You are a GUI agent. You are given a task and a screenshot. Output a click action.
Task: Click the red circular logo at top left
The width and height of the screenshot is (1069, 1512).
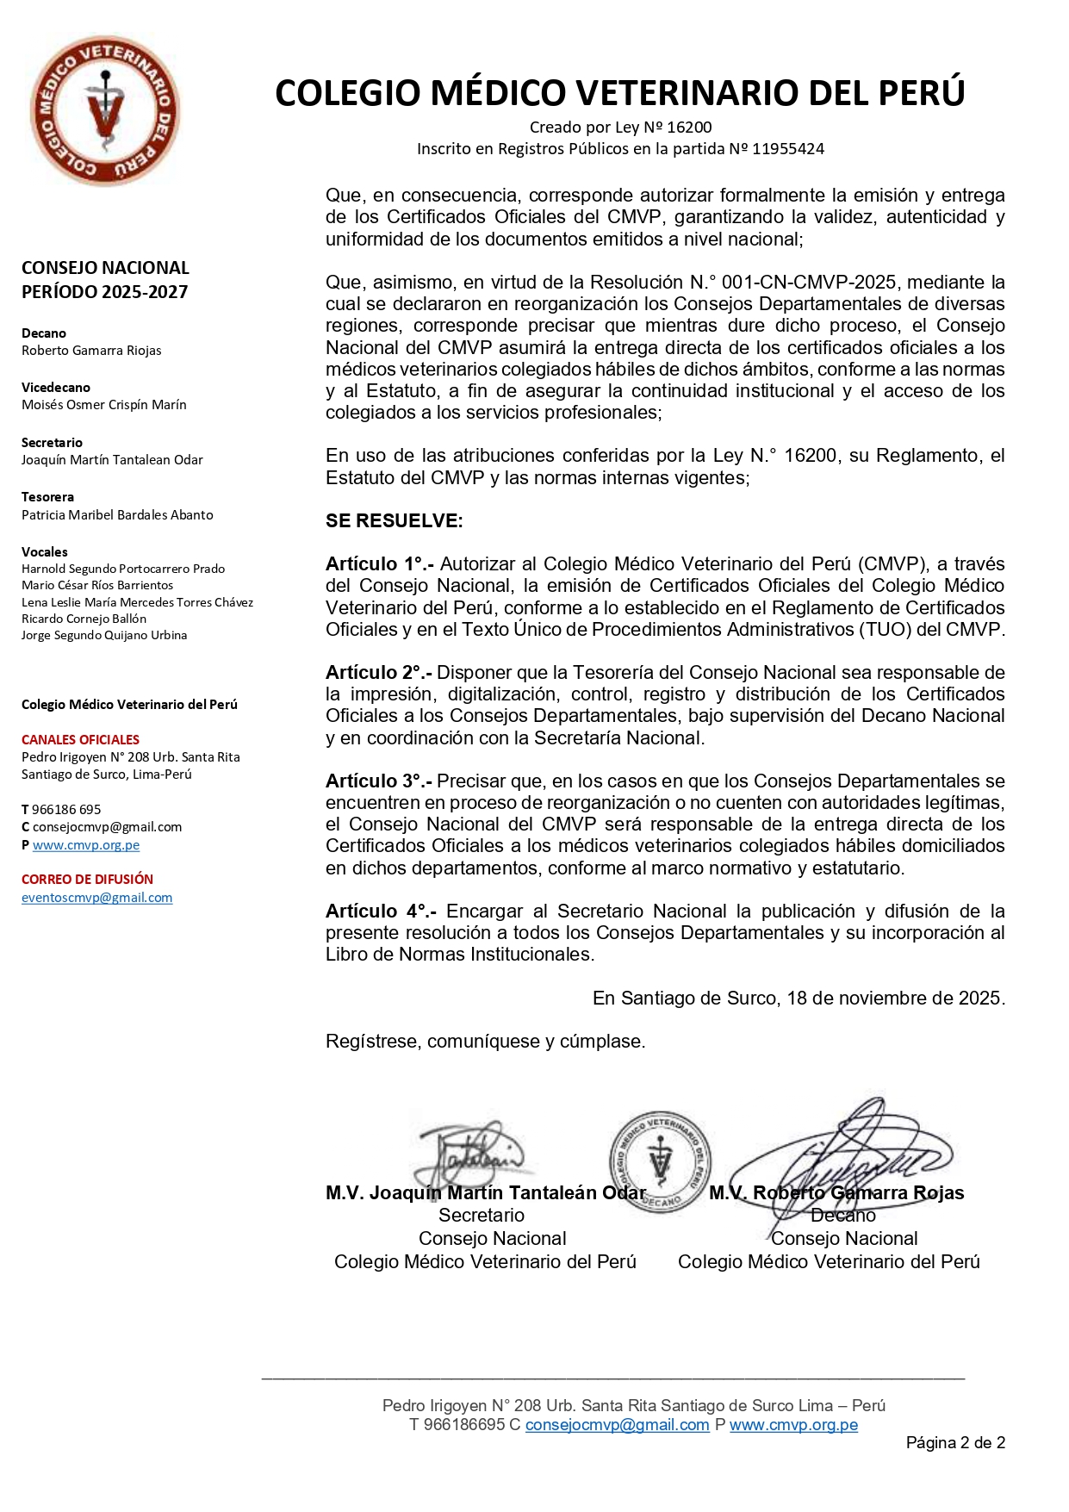(105, 110)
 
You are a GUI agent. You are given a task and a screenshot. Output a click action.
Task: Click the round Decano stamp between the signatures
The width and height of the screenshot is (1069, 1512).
(661, 1160)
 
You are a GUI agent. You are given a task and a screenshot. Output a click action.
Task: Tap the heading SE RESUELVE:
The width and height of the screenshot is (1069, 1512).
(394, 520)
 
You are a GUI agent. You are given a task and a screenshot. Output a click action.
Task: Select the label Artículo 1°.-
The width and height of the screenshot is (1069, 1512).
(379, 564)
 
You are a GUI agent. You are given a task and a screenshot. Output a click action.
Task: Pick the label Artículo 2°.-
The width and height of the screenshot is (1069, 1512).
(379, 673)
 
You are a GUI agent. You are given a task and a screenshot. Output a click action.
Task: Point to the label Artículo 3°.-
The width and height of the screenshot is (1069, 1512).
(379, 781)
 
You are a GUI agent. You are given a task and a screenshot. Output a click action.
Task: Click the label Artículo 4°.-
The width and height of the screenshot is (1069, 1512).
(381, 912)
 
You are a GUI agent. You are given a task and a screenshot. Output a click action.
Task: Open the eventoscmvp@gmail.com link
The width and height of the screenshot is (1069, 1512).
(96, 898)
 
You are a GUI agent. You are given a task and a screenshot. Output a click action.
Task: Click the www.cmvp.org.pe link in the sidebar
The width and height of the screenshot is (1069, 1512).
(86, 845)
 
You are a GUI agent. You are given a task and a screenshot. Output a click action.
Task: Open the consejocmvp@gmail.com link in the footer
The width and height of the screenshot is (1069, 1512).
(617, 1425)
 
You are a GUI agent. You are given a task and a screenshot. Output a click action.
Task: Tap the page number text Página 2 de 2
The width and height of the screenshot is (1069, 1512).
(955, 1443)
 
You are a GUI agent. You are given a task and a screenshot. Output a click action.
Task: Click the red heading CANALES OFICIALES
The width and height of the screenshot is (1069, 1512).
(80, 740)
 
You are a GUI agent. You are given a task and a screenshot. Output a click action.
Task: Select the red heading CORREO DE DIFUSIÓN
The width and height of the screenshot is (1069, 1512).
(87, 880)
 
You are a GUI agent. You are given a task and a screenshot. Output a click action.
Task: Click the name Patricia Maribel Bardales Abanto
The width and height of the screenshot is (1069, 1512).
(117, 515)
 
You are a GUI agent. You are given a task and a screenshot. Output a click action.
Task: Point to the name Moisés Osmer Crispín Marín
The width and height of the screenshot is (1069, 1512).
(103, 405)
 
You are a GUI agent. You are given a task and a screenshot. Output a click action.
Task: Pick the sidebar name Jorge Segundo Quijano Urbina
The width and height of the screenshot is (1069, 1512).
(104, 636)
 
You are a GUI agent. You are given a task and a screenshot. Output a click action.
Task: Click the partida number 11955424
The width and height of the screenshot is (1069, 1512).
(787, 149)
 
